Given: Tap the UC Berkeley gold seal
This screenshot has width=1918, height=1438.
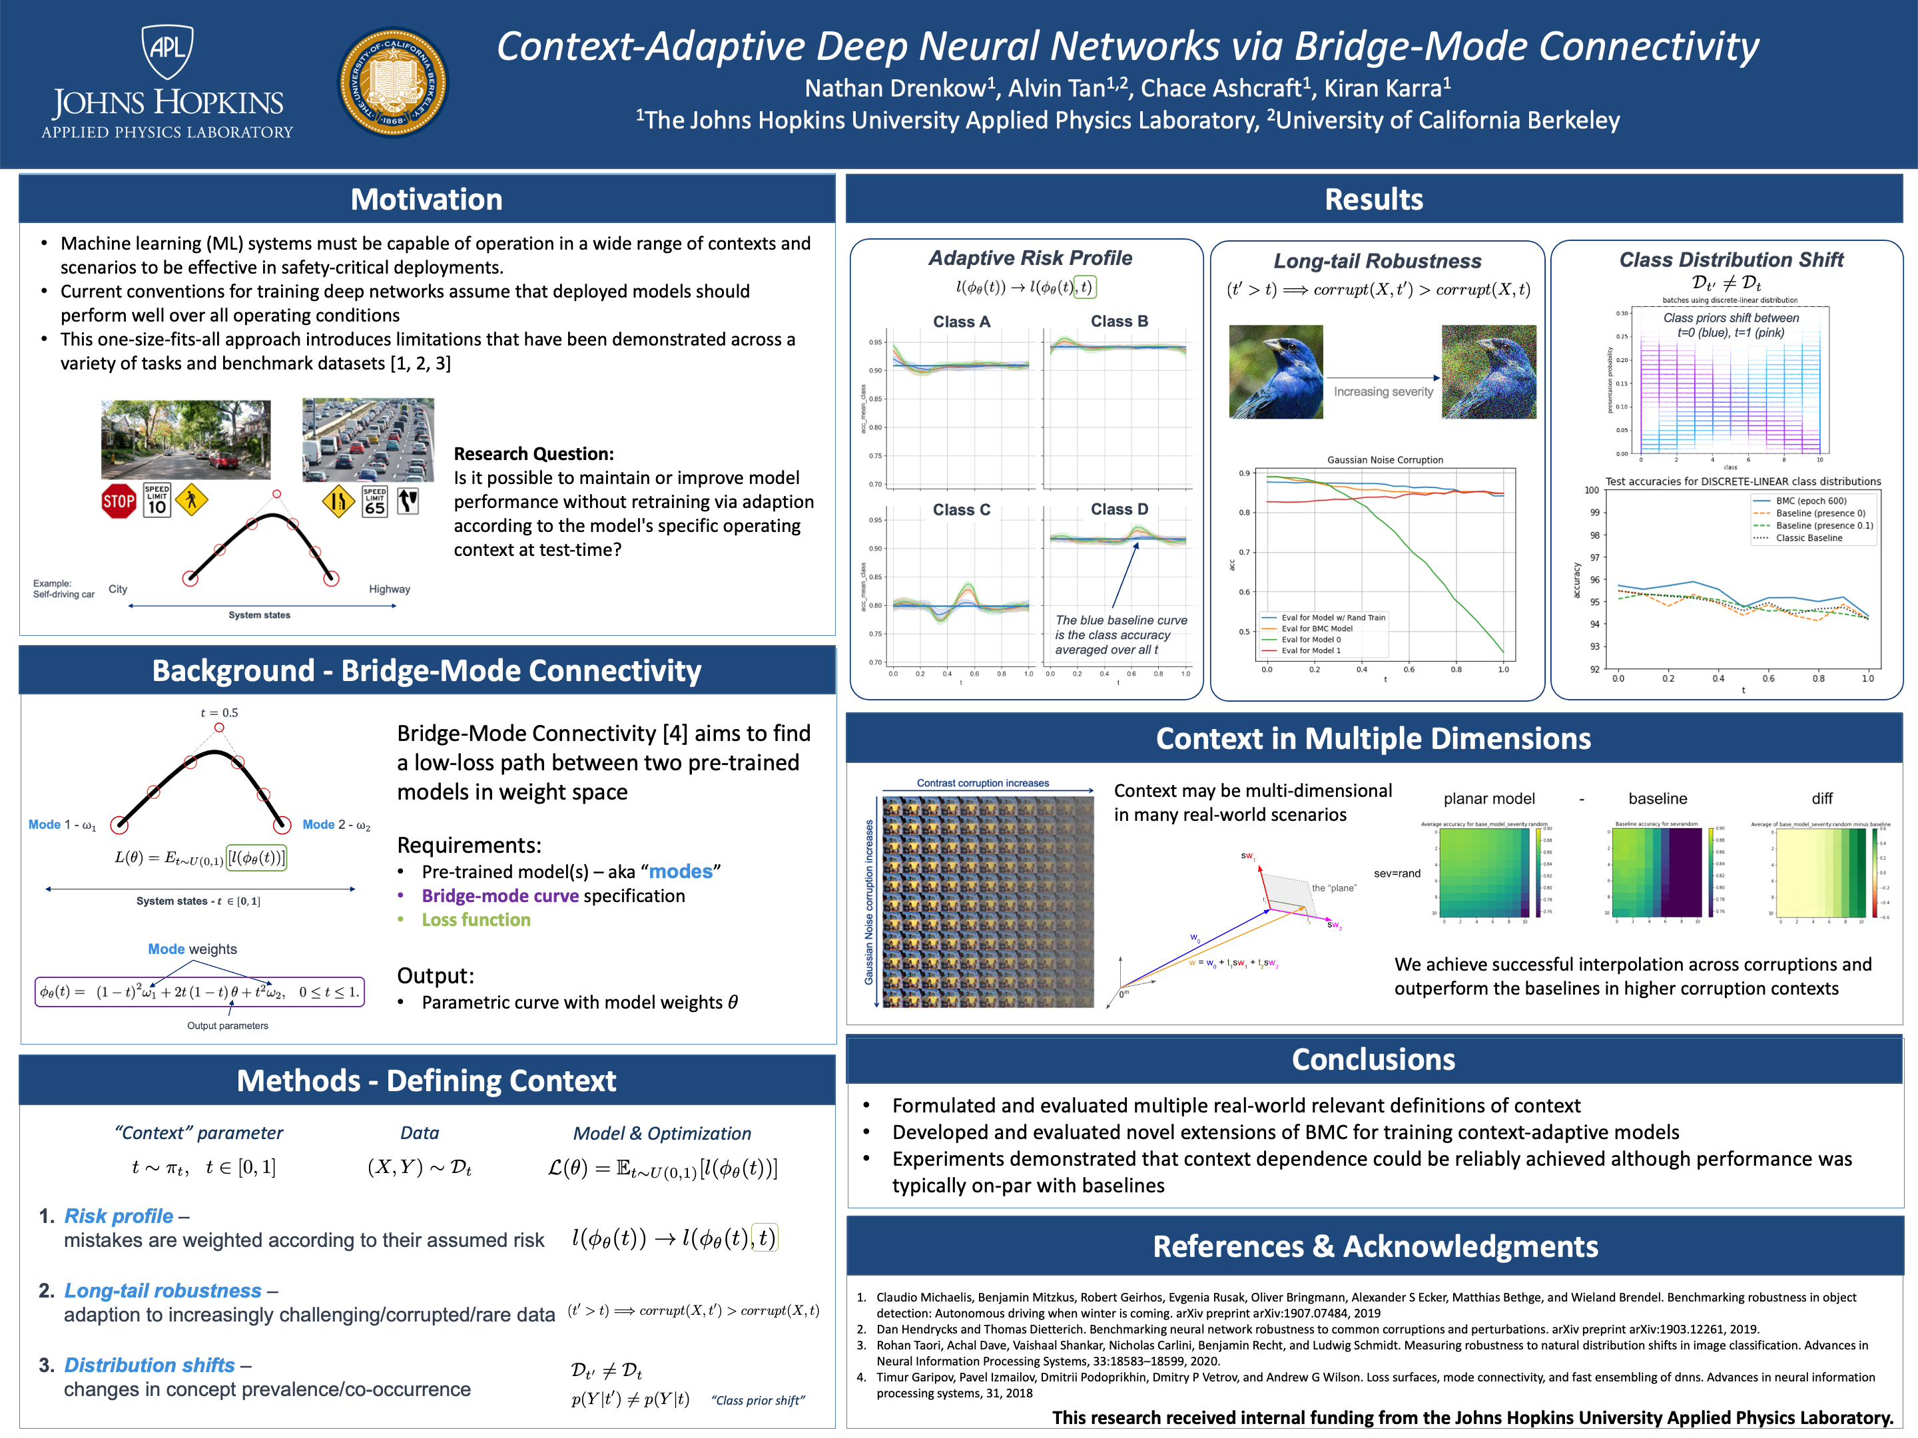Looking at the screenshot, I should point(393,83).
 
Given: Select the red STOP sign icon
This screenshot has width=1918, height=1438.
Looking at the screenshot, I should point(119,501).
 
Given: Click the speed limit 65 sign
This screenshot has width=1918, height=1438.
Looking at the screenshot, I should point(374,501).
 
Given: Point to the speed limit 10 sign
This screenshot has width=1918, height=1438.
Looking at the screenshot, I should point(157,500).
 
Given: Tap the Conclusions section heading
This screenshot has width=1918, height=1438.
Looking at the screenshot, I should point(1373,1059).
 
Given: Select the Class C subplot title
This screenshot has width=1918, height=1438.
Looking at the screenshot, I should point(961,510).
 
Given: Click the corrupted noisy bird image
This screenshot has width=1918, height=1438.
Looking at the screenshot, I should point(1488,372).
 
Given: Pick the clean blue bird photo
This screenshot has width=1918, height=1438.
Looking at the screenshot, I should point(1275,372).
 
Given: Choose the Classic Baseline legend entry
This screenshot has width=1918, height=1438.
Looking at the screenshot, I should point(1809,539).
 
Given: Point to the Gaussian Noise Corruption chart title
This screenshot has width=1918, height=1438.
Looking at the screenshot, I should point(1385,460).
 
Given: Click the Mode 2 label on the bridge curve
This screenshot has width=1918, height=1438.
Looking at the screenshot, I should point(336,825).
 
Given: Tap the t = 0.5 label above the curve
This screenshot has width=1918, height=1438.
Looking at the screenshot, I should point(219,712).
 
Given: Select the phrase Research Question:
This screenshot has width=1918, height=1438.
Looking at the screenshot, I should point(533,454).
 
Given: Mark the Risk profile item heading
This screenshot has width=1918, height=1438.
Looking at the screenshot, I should point(119,1216).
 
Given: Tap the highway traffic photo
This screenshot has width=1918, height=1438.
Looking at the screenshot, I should point(368,439).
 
